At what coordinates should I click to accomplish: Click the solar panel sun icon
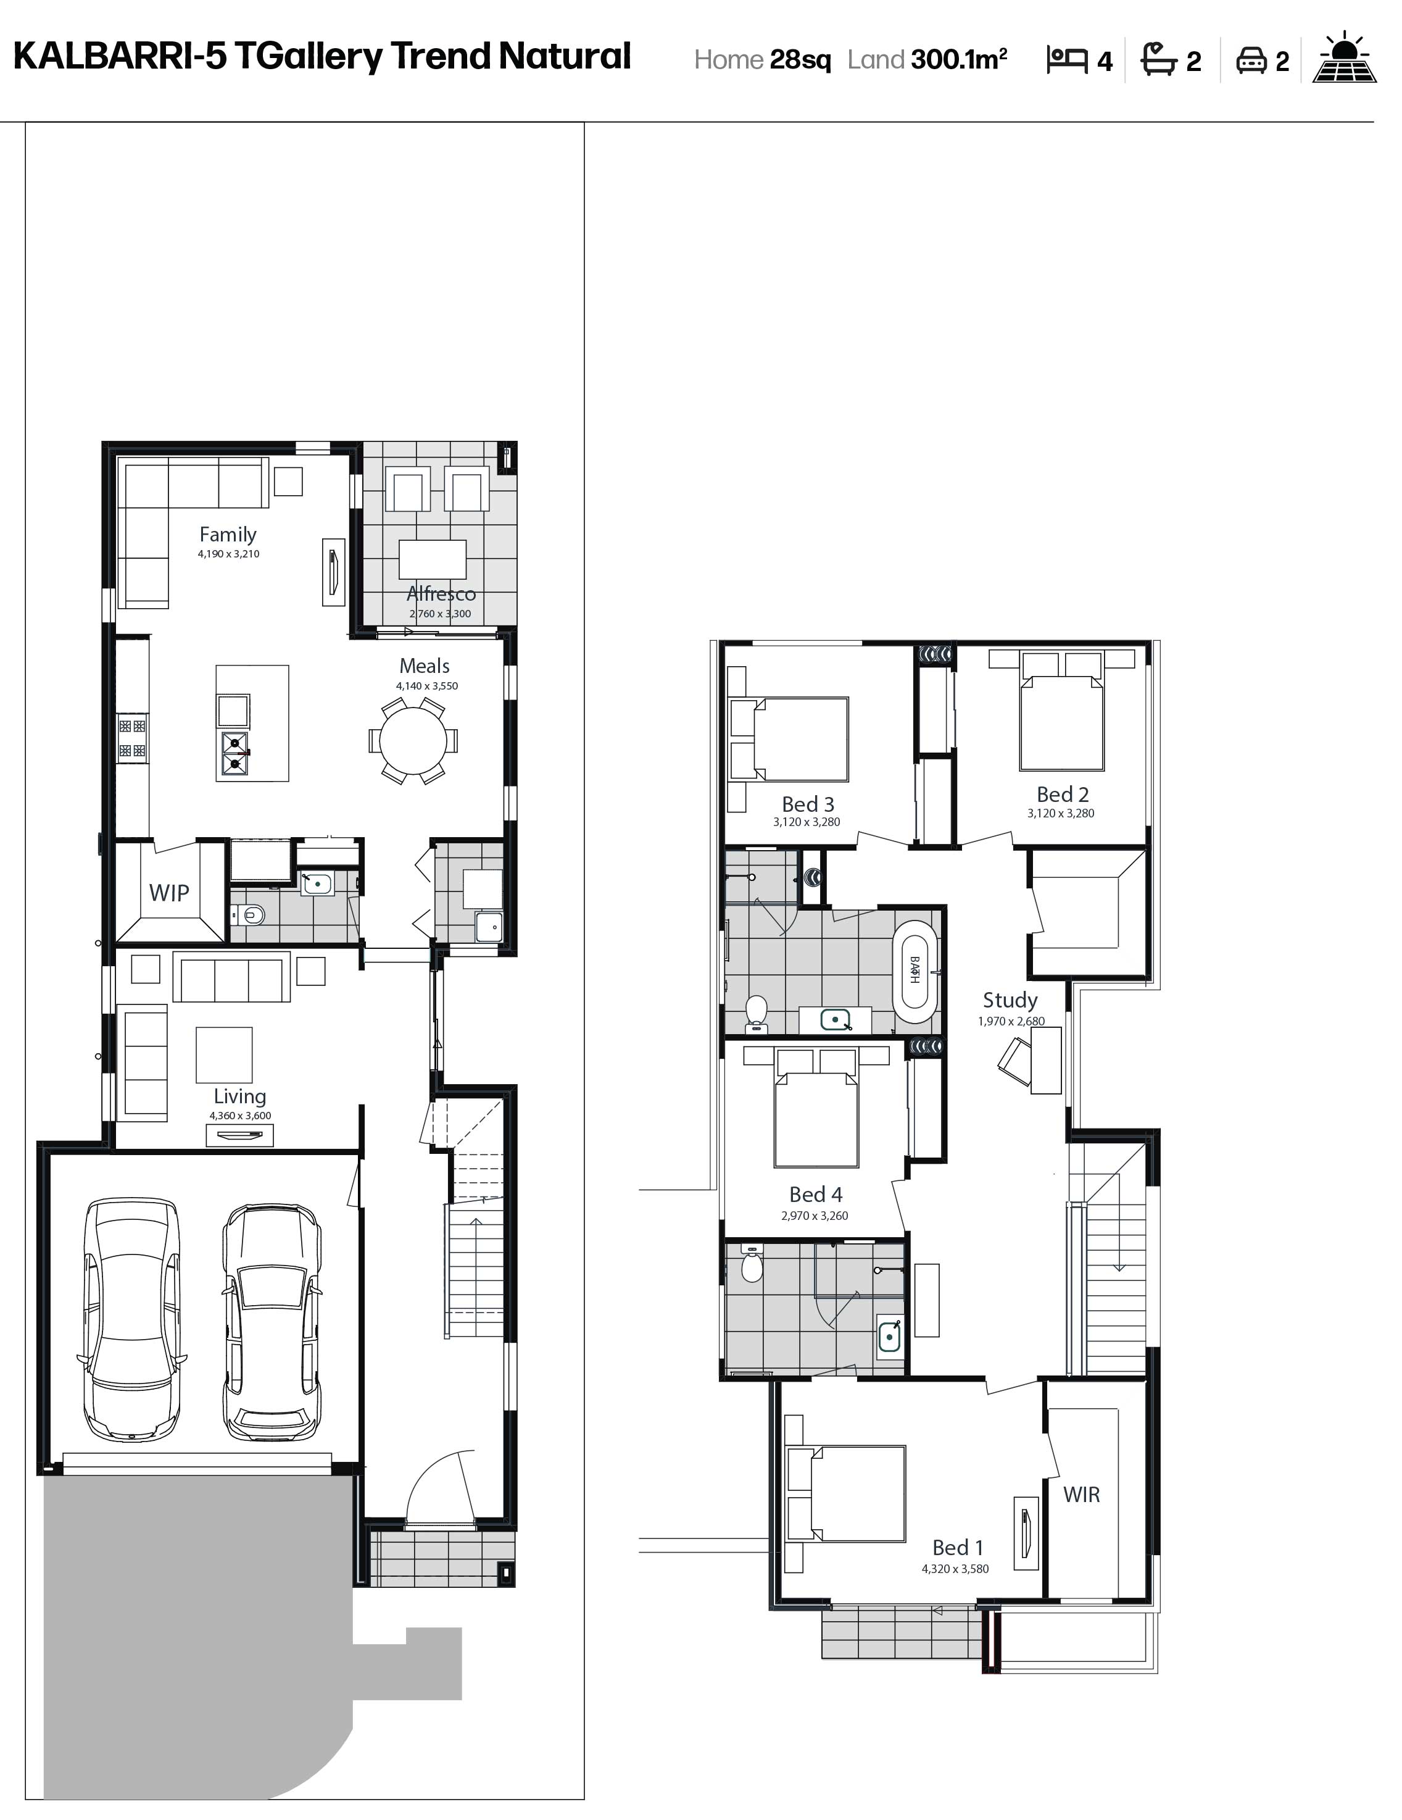[1344, 57]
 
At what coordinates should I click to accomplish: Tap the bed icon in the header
[1066, 60]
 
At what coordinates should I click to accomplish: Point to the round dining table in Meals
[413, 741]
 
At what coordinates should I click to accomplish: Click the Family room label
[228, 534]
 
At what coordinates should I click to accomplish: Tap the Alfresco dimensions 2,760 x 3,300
[440, 613]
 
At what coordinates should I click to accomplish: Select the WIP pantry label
[169, 893]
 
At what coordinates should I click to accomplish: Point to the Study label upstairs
[1010, 1000]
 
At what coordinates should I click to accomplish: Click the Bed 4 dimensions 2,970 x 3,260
[815, 1216]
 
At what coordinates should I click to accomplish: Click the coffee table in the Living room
[224, 1054]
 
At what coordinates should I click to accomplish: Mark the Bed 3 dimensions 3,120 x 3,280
[807, 822]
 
